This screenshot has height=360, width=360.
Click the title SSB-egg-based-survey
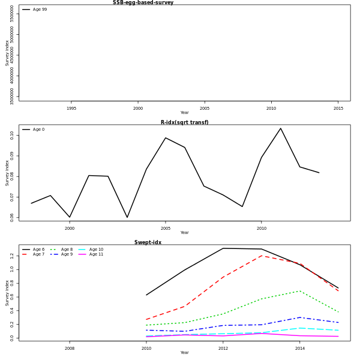[x=143, y=2]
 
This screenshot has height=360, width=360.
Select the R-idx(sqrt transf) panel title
[x=184, y=122]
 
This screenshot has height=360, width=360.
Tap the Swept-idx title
[x=148, y=242]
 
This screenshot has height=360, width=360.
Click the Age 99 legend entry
[x=40, y=10]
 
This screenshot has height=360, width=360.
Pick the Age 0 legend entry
[x=38, y=130]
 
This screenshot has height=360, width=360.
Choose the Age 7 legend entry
[x=38, y=254]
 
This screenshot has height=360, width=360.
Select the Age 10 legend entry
[x=96, y=250]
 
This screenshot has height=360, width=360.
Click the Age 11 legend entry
[x=96, y=254]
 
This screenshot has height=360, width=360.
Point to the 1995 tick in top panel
[x=71, y=109]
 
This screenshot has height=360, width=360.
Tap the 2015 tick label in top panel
[x=338, y=109]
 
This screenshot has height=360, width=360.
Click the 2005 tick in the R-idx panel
[x=166, y=229]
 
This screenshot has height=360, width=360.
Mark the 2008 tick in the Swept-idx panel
[x=70, y=349]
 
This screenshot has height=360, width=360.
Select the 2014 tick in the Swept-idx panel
[x=300, y=349]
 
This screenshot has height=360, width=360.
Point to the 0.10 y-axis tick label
[x=11, y=135]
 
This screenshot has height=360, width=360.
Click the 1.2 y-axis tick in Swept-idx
[x=11, y=256]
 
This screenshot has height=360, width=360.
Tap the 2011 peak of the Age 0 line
[x=280, y=128]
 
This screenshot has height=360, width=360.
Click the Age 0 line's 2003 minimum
[x=127, y=217]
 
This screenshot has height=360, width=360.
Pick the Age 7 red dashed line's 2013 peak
[x=262, y=256]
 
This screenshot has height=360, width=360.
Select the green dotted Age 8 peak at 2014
[x=300, y=291]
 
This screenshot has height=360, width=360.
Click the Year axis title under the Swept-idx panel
[x=184, y=353]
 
